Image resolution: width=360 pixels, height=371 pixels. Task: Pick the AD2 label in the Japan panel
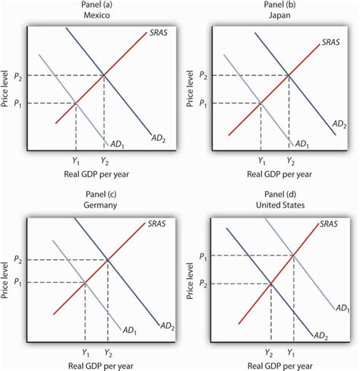[x=340, y=122]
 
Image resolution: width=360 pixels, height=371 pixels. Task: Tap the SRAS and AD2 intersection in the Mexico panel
[x=104, y=75]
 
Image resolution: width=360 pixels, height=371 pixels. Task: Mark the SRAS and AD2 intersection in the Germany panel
[x=108, y=260]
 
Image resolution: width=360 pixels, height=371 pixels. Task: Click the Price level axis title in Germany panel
[x=6, y=278]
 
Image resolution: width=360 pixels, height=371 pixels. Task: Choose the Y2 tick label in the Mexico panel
[x=104, y=160]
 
